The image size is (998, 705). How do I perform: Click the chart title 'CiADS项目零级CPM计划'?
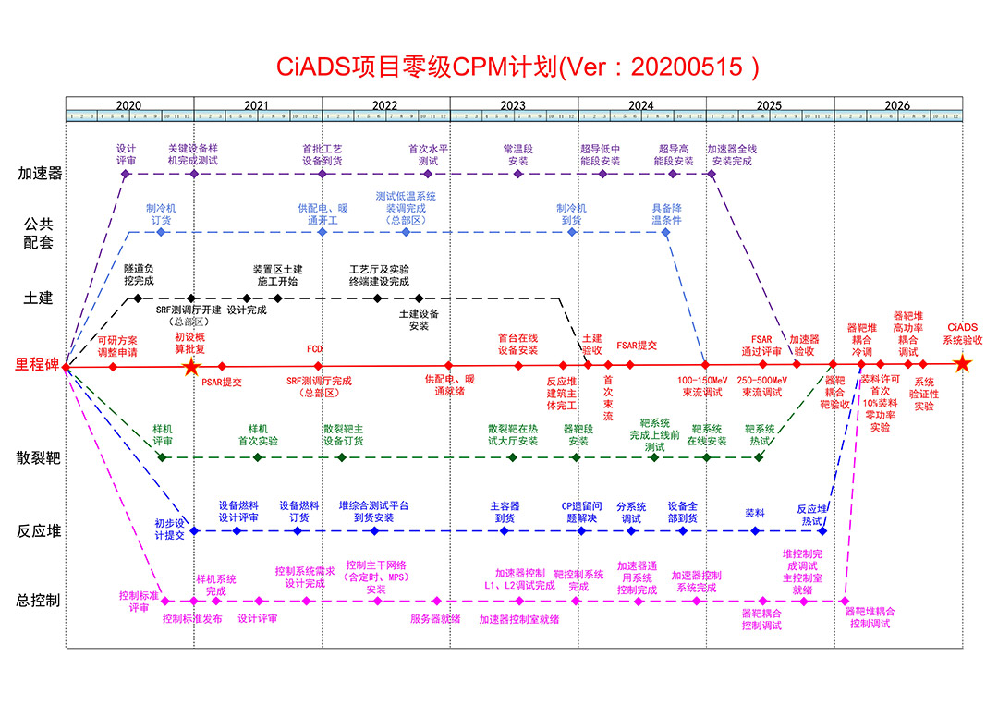tap(419, 67)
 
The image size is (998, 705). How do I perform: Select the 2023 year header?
tap(514, 105)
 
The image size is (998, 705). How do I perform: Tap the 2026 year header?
tap(897, 105)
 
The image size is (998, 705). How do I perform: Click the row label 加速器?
tap(40, 173)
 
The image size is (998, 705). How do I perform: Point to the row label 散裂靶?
tap(40, 457)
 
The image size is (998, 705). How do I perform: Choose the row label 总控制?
tap(40, 601)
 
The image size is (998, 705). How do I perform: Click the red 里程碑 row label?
tap(39, 366)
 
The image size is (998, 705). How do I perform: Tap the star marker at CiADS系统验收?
tap(962, 364)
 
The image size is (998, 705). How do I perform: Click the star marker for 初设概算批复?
tap(190, 367)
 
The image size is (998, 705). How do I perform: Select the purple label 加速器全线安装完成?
tap(733, 154)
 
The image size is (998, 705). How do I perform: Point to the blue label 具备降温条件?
tap(667, 214)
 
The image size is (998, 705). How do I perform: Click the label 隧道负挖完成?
tap(139, 274)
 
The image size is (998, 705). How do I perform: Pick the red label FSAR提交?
tap(637, 345)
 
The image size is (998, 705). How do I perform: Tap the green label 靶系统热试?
tap(760, 435)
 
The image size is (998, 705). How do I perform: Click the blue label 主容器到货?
tap(505, 512)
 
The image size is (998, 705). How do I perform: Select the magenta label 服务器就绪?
tap(436, 619)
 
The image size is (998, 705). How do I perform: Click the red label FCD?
tap(315, 349)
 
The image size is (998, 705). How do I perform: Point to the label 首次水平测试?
tap(429, 154)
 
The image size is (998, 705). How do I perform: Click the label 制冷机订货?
tap(161, 214)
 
